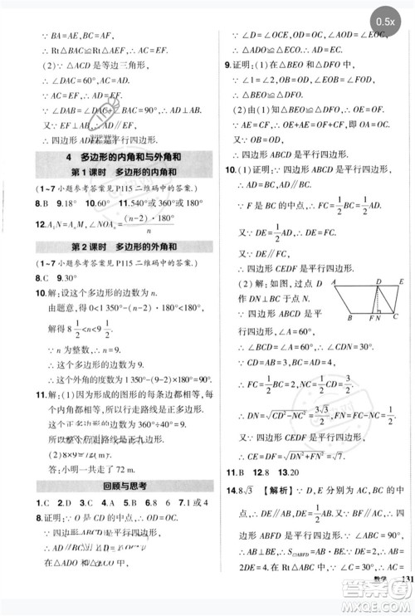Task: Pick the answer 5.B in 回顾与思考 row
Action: pyautogui.click(x=124, y=504)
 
